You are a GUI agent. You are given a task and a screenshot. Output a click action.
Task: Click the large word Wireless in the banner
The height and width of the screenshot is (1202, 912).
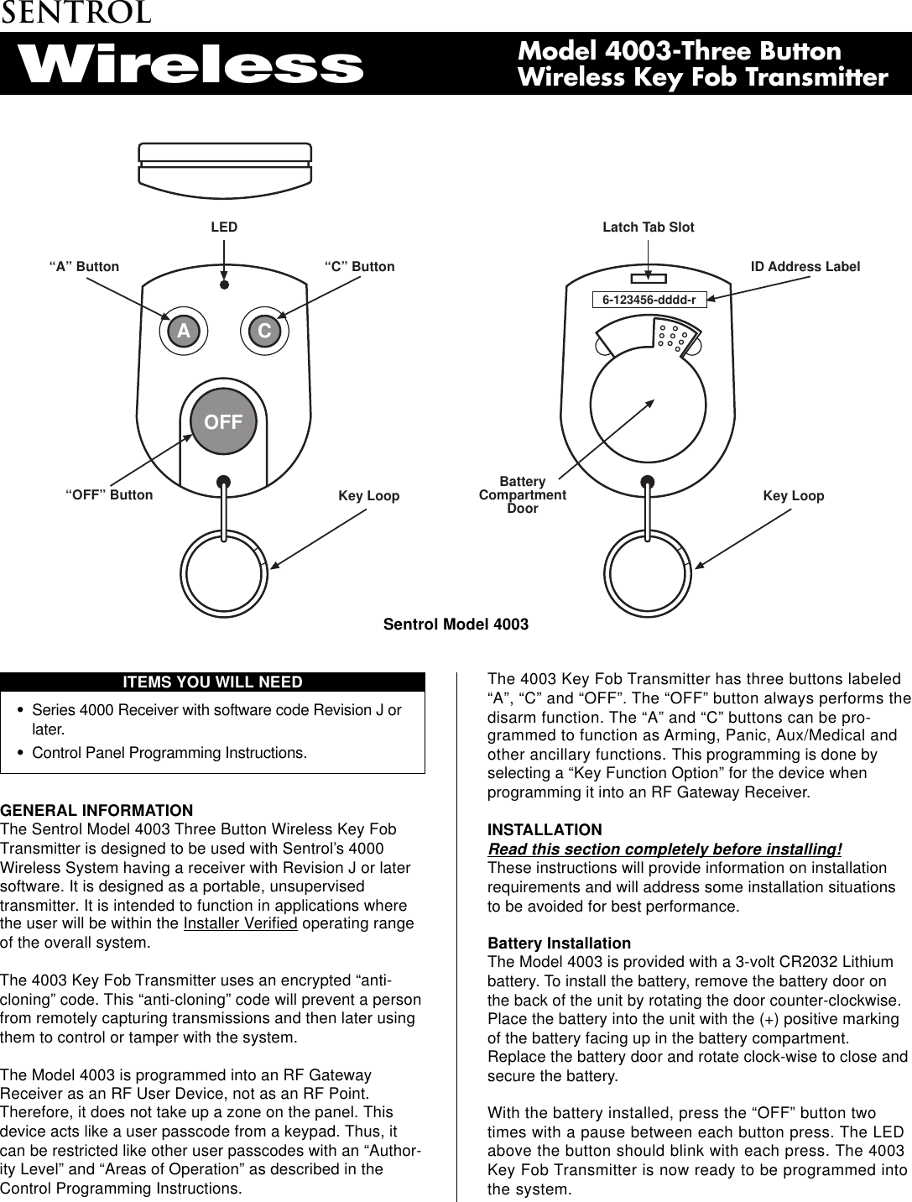tap(191, 65)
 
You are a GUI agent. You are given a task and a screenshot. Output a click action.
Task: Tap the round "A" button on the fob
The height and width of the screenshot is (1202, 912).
tap(184, 332)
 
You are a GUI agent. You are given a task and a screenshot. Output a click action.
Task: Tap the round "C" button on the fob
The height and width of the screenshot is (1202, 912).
tap(264, 332)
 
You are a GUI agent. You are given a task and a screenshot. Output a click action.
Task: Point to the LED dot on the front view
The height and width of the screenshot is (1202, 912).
tap(224, 285)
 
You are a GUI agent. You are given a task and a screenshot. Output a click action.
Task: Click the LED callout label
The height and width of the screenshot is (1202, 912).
tap(224, 227)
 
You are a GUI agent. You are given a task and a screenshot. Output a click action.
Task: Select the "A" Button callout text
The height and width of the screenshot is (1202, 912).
tap(84, 267)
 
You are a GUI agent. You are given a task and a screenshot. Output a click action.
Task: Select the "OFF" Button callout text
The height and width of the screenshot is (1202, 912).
tap(109, 495)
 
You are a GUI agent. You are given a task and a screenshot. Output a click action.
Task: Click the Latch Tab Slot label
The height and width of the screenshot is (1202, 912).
tap(648, 227)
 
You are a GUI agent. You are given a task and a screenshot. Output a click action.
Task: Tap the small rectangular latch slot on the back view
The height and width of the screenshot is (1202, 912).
tap(648, 279)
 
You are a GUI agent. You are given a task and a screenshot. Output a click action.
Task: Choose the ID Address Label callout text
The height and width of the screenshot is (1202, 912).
tap(805, 267)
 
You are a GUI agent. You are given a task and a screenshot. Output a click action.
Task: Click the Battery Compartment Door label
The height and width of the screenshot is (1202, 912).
tap(522, 495)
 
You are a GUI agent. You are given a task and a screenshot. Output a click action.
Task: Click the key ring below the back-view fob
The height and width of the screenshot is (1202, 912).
tap(648, 574)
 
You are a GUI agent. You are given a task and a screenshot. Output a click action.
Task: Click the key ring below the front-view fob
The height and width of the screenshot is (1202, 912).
tap(224, 574)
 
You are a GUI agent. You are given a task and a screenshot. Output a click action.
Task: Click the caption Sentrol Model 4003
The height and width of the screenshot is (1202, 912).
tap(456, 625)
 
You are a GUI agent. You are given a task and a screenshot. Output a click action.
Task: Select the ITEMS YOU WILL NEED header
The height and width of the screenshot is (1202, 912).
tap(212, 682)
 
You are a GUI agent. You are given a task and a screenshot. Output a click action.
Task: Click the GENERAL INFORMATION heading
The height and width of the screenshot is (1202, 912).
tap(96, 811)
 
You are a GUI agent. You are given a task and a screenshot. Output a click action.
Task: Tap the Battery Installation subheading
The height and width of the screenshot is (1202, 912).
tap(559, 943)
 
